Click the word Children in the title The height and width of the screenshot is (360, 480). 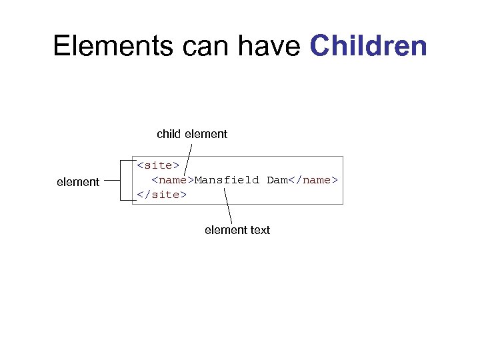369,46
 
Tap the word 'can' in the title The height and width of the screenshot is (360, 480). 197,46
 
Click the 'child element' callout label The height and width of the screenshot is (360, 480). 192,134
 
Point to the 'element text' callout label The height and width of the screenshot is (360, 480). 237,230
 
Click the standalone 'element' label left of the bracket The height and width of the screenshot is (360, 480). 78,181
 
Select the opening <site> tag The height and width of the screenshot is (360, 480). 158,165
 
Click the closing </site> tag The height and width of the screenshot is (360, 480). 161,195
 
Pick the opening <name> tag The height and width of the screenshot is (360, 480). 173,180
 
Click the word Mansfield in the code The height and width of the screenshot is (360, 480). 227,180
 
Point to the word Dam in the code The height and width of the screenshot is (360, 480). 277,180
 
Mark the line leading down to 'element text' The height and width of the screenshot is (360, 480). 228,206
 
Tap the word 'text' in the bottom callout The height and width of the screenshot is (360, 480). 260,230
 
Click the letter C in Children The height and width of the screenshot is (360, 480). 321,46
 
